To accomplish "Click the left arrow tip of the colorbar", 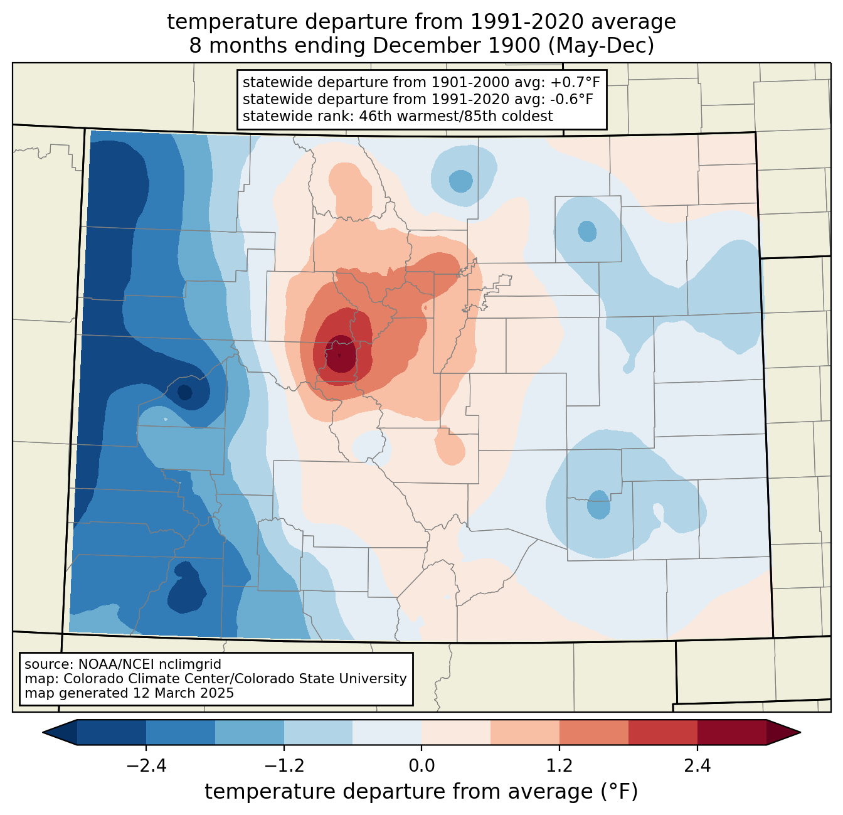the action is click(x=43, y=733).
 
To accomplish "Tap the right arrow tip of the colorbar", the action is click(x=800, y=733).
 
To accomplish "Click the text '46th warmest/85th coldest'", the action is click(x=456, y=116).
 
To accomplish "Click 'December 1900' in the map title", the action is click(x=457, y=46).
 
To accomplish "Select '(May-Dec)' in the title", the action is click(x=602, y=46).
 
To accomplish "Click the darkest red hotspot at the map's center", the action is click(x=341, y=354).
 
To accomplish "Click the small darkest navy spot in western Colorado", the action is click(x=185, y=392).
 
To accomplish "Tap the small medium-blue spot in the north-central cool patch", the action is click(x=460, y=181).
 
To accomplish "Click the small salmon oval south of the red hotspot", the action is click(x=450, y=446).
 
